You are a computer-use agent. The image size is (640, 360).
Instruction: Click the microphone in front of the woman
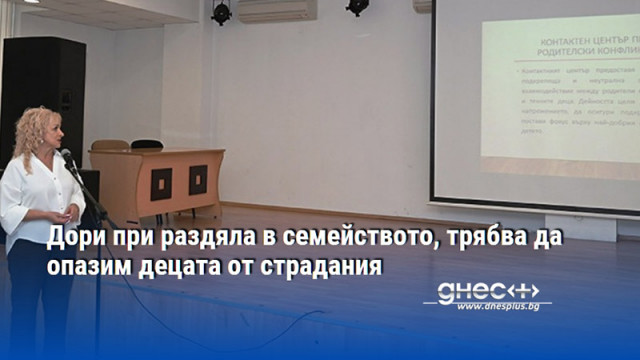click(67, 158)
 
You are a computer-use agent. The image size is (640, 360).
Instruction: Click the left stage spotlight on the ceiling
click(221, 12)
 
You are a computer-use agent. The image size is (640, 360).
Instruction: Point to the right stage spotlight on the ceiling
click(357, 8)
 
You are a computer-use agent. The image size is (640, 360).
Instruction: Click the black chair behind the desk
click(147, 145)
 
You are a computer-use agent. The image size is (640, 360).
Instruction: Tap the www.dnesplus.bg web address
click(497, 306)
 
